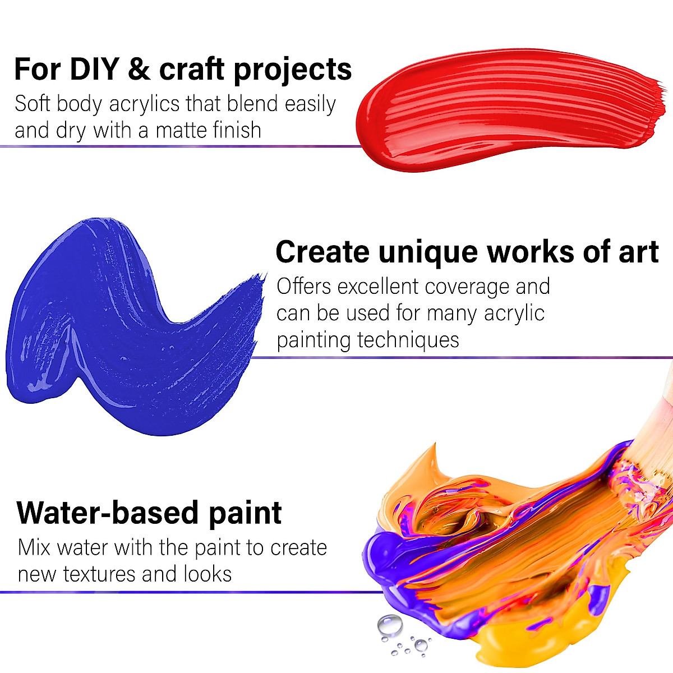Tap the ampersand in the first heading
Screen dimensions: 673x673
[x=139, y=69]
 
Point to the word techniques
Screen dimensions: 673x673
[x=408, y=340]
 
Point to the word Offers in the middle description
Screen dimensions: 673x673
[x=304, y=287]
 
